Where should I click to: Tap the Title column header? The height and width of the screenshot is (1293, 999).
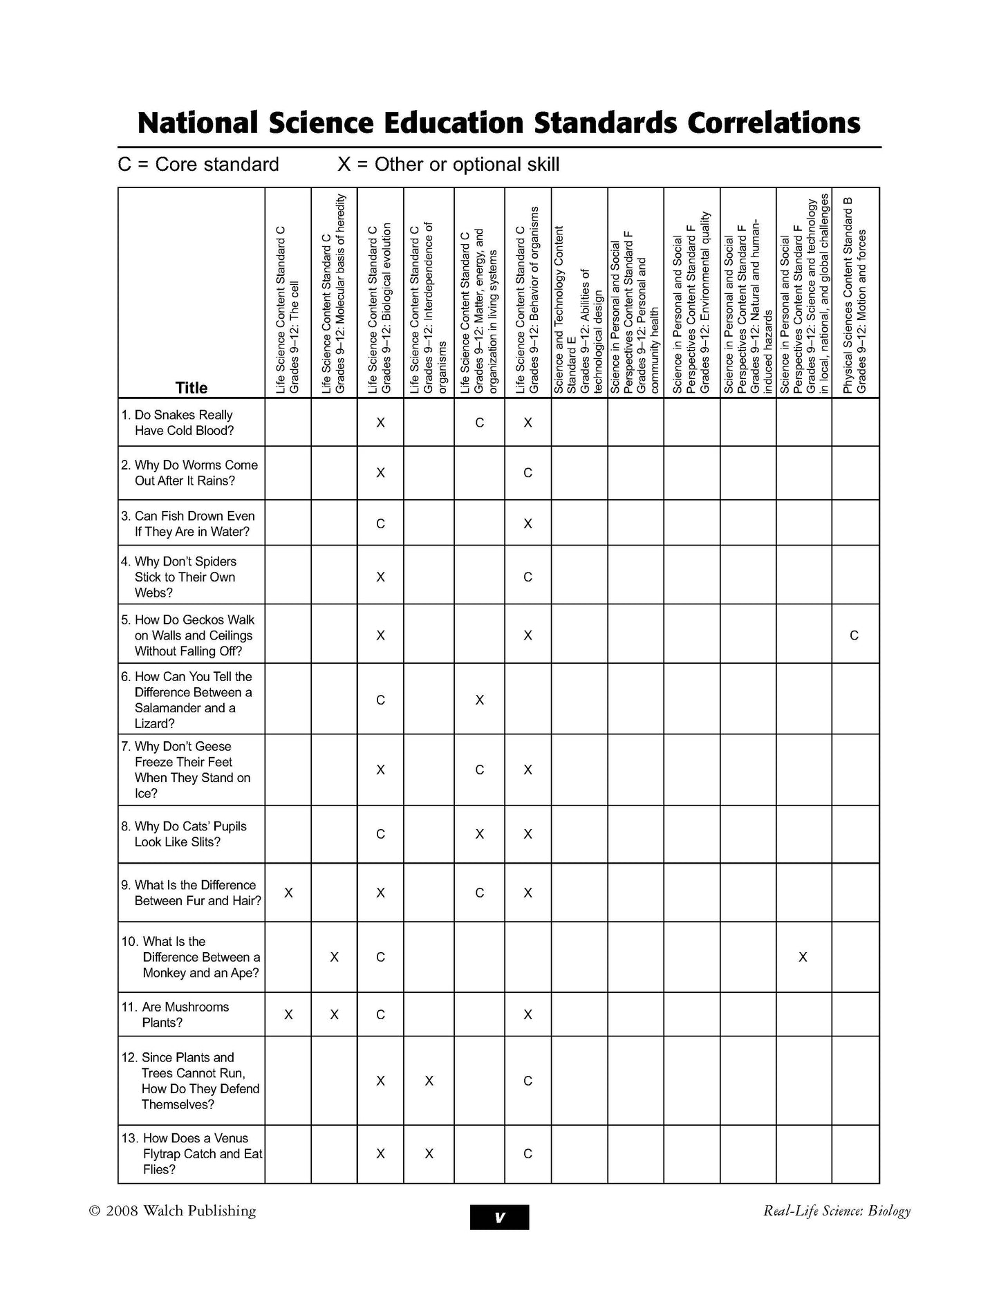pyautogui.click(x=192, y=388)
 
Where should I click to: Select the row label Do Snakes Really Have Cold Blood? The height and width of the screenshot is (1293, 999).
pyautogui.click(x=184, y=422)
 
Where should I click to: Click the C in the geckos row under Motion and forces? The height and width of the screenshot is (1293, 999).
pyautogui.click(x=855, y=635)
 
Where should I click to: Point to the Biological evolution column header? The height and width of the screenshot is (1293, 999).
pyautogui.click(x=380, y=308)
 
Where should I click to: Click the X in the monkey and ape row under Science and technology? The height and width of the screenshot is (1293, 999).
pyautogui.click(x=803, y=957)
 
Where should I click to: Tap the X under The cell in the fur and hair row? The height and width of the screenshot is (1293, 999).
pyautogui.click(x=288, y=893)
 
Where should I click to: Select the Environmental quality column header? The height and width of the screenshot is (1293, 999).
pyautogui.click(x=691, y=304)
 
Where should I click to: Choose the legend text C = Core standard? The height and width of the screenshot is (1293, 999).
pyautogui.click(x=198, y=165)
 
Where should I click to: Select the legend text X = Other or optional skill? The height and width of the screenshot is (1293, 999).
pyautogui.click(x=448, y=165)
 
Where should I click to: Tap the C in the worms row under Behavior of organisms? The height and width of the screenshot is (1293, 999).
pyautogui.click(x=527, y=473)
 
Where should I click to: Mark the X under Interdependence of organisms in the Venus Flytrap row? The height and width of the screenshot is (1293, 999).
pyautogui.click(x=429, y=1153)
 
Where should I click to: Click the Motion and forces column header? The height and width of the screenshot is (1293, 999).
pyautogui.click(x=855, y=297)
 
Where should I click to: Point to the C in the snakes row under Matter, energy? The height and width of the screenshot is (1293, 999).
pyautogui.click(x=480, y=422)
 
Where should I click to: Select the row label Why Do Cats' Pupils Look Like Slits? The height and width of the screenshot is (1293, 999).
pyautogui.click(x=190, y=834)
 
